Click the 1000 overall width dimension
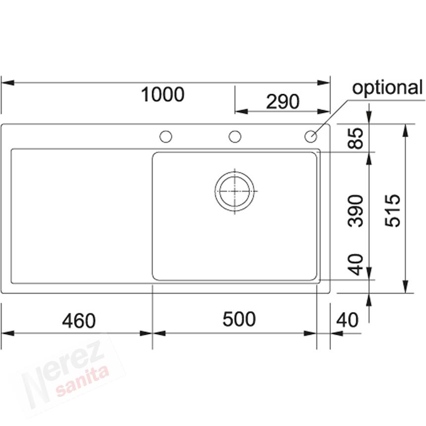[x=162, y=94]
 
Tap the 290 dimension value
[x=283, y=102]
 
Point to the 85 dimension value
[x=356, y=138]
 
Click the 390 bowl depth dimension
[x=356, y=211]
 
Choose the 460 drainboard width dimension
[x=79, y=321]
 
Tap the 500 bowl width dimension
[x=239, y=319]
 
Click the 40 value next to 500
[x=347, y=320]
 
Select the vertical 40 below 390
[x=356, y=265]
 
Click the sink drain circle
[x=235, y=191]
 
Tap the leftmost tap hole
[x=165, y=136]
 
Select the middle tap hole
[x=235, y=136]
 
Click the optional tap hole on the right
[x=311, y=136]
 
